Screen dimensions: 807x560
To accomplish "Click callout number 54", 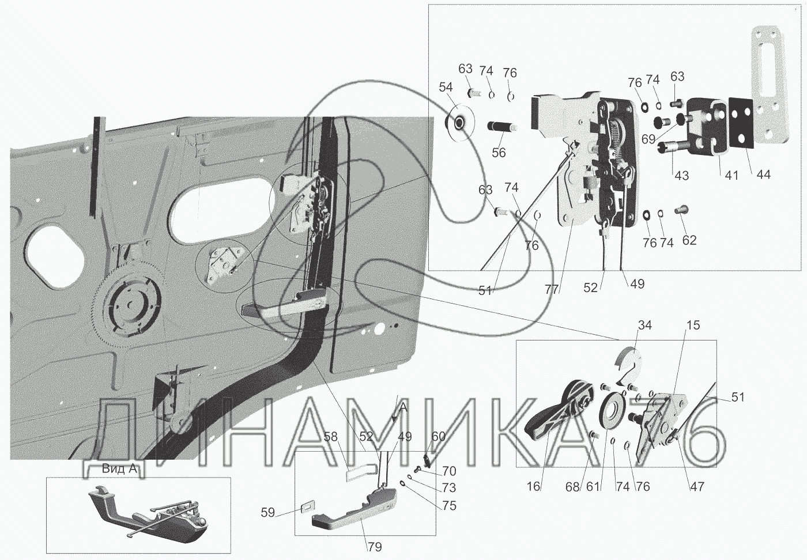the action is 446,87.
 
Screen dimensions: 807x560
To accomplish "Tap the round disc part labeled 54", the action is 459,123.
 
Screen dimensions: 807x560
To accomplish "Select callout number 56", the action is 499,152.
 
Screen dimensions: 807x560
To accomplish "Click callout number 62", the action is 689,240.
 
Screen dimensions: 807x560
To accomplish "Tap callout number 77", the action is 551,290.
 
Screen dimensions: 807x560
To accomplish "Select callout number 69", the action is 648,139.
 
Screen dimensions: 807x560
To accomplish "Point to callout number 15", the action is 693,326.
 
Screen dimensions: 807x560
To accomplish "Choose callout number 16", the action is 533,486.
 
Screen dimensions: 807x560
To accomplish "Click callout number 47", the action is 697,486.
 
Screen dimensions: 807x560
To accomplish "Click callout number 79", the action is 374,547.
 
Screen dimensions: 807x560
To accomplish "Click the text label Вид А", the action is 119,469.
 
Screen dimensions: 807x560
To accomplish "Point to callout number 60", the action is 438,437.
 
